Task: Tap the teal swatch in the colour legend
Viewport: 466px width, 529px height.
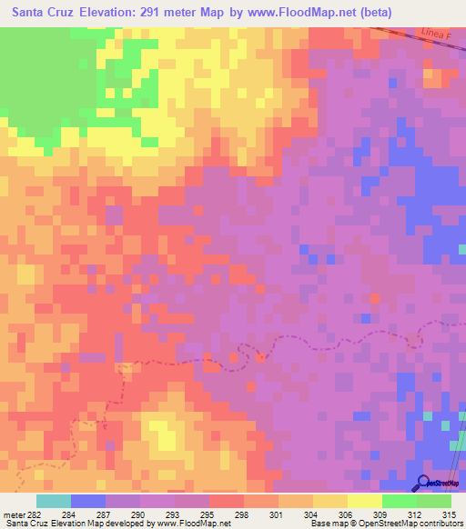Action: tap(54, 501)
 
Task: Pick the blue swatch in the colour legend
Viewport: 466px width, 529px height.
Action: tap(88, 501)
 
